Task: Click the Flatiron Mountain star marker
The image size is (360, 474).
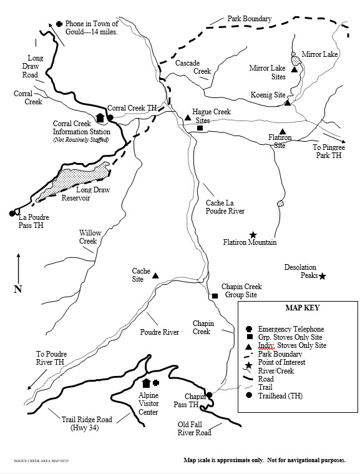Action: pyautogui.click(x=253, y=234)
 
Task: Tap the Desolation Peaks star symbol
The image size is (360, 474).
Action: pyautogui.click(x=323, y=275)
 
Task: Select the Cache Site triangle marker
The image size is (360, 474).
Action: pyautogui.click(x=155, y=275)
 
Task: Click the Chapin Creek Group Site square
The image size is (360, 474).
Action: pyautogui.click(x=215, y=295)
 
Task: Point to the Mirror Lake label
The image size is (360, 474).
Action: pyautogui.click(x=319, y=55)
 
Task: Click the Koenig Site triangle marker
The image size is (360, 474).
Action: pyautogui.click(x=287, y=102)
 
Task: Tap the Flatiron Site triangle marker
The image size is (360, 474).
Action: pyautogui.click(x=283, y=132)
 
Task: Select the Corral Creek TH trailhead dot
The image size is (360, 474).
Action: pyautogui.click(x=110, y=117)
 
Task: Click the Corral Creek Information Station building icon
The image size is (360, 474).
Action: pyautogui.click(x=100, y=117)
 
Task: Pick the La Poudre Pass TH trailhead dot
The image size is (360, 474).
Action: pyautogui.click(x=12, y=214)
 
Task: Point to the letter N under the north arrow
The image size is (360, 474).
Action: pyautogui.click(x=18, y=289)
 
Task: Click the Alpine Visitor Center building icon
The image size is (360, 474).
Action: pyautogui.click(x=147, y=383)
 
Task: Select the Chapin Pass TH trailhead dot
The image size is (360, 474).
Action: pyautogui.click(x=209, y=395)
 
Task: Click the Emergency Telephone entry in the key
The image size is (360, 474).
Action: pyautogui.click(x=291, y=328)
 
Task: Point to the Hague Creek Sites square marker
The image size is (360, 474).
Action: pyautogui.click(x=200, y=128)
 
